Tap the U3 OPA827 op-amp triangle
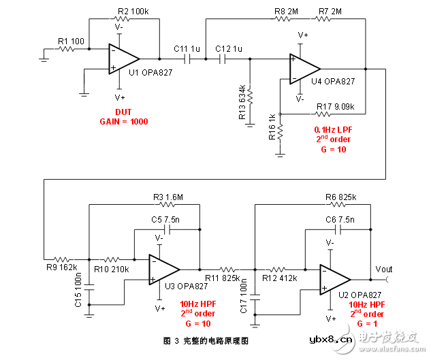point(164,269)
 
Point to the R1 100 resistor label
point(71,42)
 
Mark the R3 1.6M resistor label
point(167,197)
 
